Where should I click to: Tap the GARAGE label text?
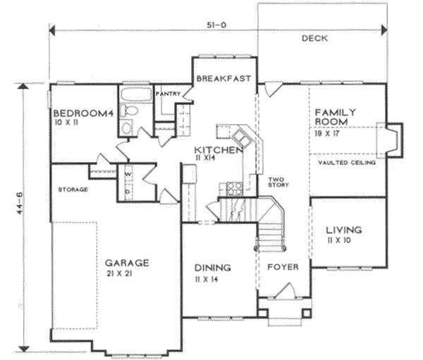pyautogui.click(x=128, y=263)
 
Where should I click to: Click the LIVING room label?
pyautogui.click(x=343, y=230)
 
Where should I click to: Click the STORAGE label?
pyautogui.click(x=73, y=190)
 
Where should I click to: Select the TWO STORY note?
pyautogui.click(x=274, y=182)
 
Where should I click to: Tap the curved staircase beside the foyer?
pyautogui.click(x=272, y=225)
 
